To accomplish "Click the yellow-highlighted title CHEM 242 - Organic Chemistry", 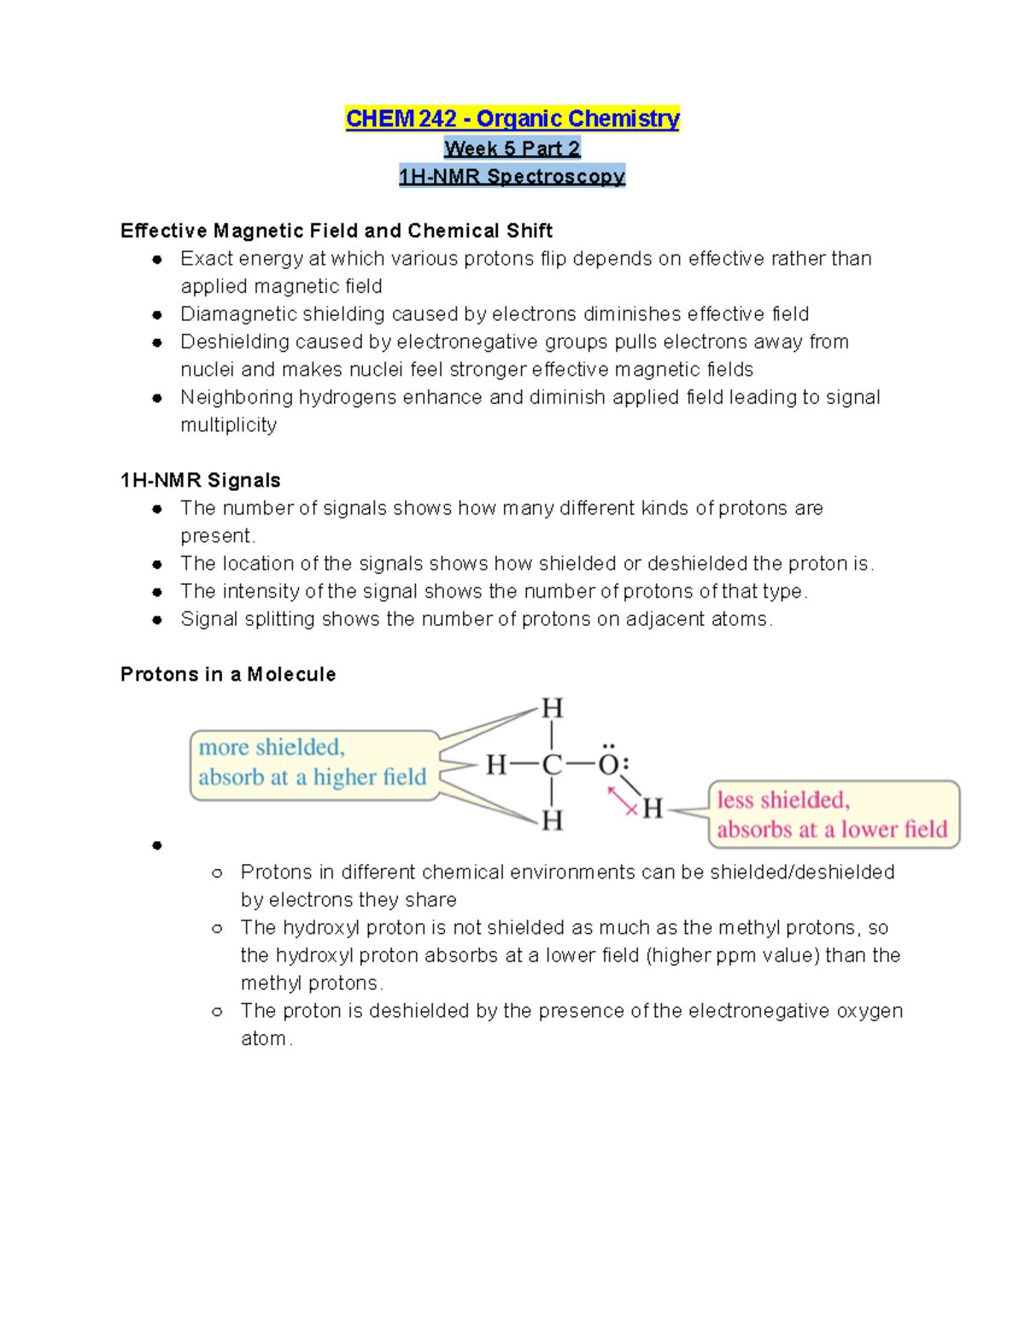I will pyautogui.click(x=512, y=118).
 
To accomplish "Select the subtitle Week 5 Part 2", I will pyautogui.click(x=512, y=148).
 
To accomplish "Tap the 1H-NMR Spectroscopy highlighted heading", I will pyautogui.click(x=512, y=176).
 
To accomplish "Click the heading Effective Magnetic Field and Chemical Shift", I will pyautogui.click(x=337, y=231).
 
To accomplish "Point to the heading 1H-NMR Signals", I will pyautogui.click(x=201, y=480).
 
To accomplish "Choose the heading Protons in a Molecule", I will pyautogui.click(x=228, y=674).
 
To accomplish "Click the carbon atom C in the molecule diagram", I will pyautogui.click(x=552, y=765).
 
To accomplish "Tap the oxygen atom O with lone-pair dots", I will pyautogui.click(x=608, y=763).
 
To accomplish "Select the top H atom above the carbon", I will pyautogui.click(x=552, y=709).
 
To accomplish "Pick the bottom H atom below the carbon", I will pyautogui.click(x=552, y=821).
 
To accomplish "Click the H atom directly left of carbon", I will pyautogui.click(x=497, y=765).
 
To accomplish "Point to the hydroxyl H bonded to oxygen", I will pyautogui.click(x=653, y=809).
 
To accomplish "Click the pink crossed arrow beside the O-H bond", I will pyautogui.click(x=623, y=801).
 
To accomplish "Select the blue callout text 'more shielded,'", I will pyautogui.click(x=272, y=747).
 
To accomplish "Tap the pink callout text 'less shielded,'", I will pyautogui.click(x=783, y=800).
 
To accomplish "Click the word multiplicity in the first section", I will pyautogui.click(x=228, y=424).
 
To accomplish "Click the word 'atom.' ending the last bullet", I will pyautogui.click(x=266, y=1038).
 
